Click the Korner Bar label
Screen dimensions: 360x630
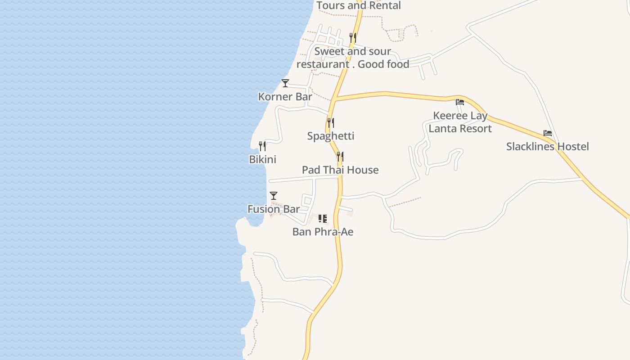coord(285,97)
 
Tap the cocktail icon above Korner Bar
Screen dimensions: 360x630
coord(285,83)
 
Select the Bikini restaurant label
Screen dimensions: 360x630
coord(262,160)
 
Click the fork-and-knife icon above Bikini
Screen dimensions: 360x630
coord(262,146)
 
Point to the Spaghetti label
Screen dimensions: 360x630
coord(331,136)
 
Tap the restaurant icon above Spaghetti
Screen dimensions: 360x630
coord(331,122)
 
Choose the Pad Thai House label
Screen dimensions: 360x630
coord(340,170)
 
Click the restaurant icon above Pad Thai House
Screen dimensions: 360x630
coord(340,157)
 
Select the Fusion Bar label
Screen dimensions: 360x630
coord(274,209)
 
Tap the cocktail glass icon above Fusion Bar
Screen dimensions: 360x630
coord(274,195)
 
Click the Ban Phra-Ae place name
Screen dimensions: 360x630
coord(323,232)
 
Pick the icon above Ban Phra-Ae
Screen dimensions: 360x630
coord(323,219)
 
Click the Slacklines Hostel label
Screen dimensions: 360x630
coord(547,147)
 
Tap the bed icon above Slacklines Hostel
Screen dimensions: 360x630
coord(548,133)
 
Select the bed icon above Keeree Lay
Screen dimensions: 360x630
coord(460,102)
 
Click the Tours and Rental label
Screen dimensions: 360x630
coord(359,6)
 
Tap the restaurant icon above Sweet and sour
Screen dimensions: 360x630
coord(353,37)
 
